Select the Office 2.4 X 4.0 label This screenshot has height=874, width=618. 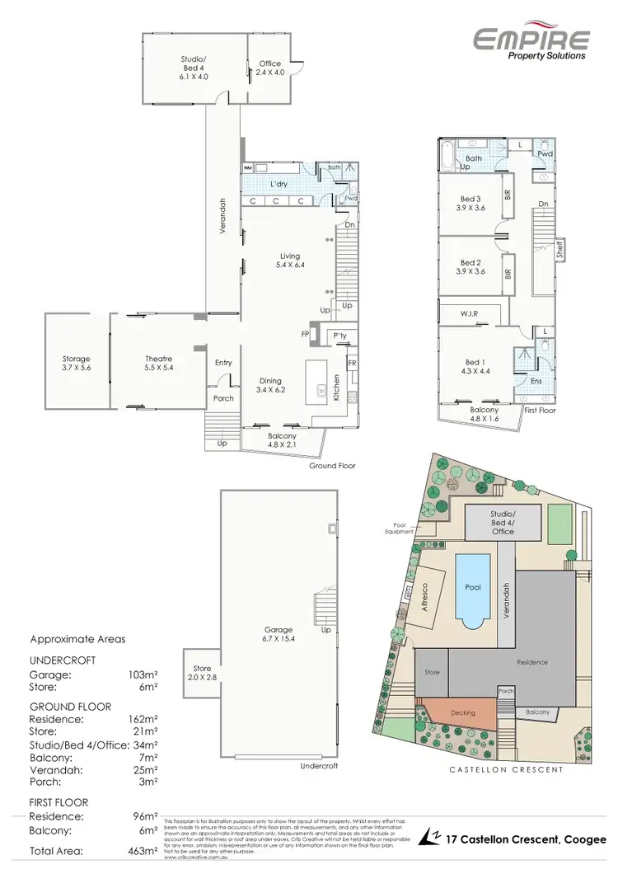(x=271, y=68)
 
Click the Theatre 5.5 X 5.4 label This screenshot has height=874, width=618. (x=158, y=364)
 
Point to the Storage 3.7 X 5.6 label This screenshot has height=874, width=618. (x=76, y=364)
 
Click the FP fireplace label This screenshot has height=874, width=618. (x=304, y=335)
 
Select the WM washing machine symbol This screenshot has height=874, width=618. (x=247, y=168)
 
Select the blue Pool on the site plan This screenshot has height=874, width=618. (x=471, y=588)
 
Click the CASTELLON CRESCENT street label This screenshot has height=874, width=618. (x=505, y=769)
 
